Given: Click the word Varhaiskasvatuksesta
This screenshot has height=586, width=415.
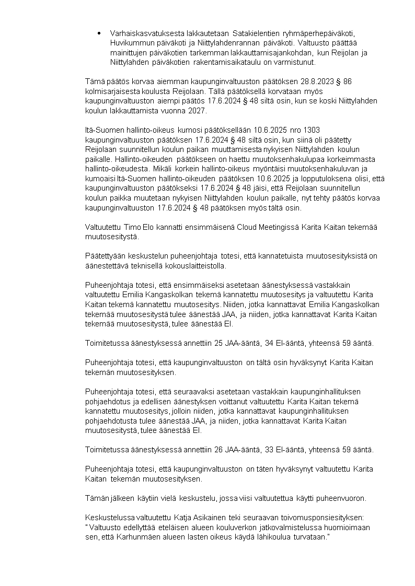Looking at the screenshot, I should point(143,33).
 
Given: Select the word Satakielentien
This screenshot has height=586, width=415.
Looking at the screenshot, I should point(257,33).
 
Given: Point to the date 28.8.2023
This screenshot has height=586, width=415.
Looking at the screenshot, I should point(310,81).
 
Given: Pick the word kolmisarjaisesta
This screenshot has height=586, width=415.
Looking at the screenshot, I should point(111,91).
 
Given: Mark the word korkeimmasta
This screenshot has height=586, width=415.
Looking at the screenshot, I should point(355,159).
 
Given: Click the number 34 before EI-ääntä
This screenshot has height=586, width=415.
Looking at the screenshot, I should point(256,343).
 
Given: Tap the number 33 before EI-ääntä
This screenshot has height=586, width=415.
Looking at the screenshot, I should point(256,449).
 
